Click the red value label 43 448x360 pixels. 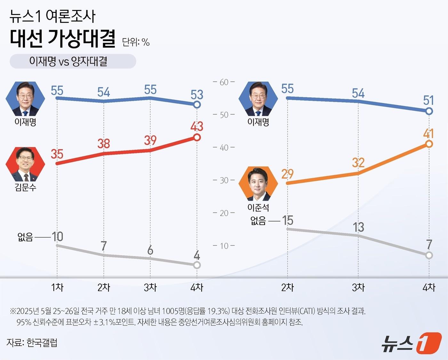pyautogui.click(x=197, y=126)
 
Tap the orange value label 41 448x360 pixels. pyautogui.click(x=428, y=133)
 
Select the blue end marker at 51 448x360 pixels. pyautogui.click(x=429, y=111)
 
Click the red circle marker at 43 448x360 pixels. pyautogui.click(x=197, y=137)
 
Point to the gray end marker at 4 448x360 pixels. pyautogui.click(x=197, y=265)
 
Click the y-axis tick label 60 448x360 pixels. pyautogui.click(x=224, y=82)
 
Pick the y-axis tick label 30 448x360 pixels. pyautogui.click(x=224, y=180)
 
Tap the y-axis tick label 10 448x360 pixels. pyautogui.click(x=224, y=246)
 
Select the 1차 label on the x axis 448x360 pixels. pyautogui.click(x=57, y=287)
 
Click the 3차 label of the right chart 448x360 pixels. pyautogui.click(x=358, y=287)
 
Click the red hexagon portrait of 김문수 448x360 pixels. pyautogui.click(x=25, y=164)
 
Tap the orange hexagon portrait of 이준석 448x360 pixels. pyautogui.click(x=258, y=183)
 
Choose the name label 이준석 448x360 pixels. pyautogui.click(x=258, y=208)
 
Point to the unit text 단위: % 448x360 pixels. pyautogui.click(x=136, y=42)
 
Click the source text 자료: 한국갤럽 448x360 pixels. pyautogui.click(x=32, y=343)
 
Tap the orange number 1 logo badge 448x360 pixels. pyautogui.click(x=429, y=343)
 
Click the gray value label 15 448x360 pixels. pyautogui.click(x=287, y=220)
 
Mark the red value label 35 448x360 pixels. pyautogui.click(x=57, y=154)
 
